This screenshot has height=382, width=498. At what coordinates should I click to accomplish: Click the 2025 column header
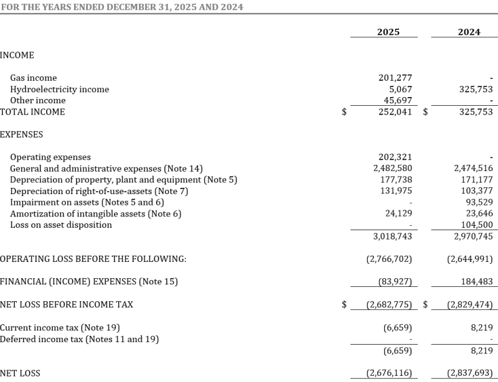coord(388,32)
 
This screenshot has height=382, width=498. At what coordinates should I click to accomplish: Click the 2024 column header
coord(469,32)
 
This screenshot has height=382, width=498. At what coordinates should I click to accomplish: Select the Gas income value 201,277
coord(395,78)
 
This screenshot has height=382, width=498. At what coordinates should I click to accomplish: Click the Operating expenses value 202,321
coord(395,157)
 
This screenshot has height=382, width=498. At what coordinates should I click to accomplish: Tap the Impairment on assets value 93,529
coord(477,202)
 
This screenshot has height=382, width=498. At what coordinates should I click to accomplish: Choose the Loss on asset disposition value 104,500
coord(475,225)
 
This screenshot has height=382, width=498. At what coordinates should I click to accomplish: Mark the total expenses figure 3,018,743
coord(393,236)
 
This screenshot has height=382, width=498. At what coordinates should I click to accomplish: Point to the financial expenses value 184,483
coord(475,282)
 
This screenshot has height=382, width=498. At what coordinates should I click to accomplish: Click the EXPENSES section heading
coord(21,134)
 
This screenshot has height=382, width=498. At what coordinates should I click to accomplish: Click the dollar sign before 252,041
coord(344,113)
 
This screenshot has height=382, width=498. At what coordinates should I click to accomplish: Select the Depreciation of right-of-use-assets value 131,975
coord(395,191)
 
